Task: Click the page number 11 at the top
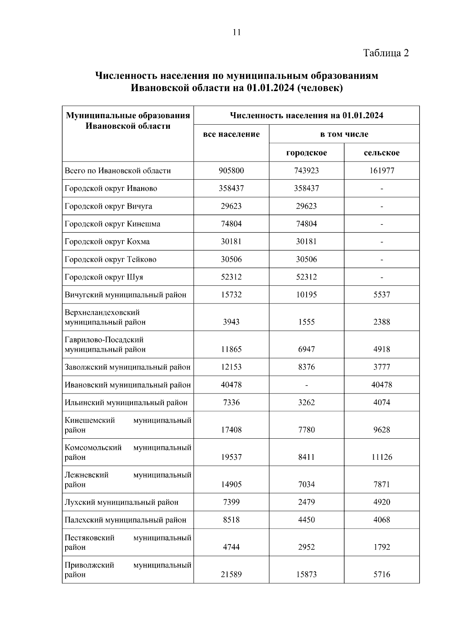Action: pyautogui.click(x=237, y=32)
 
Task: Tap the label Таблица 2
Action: pyautogui.click(x=386, y=53)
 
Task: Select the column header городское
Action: pyautogui.click(x=306, y=153)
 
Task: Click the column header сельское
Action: pyautogui.click(x=382, y=153)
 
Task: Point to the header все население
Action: pyautogui.click(x=231, y=134)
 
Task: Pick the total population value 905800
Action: pyautogui.click(x=231, y=171)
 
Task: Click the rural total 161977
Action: pyautogui.click(x=382, y=171)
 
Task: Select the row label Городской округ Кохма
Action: pyautogui.click(x=107, y=241)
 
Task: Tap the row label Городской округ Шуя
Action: pyautogui.click(x=104, y=277)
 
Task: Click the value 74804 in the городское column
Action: pyautogui.click(x=306, y=224)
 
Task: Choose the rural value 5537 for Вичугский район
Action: pyautogui.click(x=382, y=294)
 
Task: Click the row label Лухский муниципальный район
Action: pyautogui.click(x=121, y=502)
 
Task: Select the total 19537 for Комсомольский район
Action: pyautogui.click(x=231, y=457)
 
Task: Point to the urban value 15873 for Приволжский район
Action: pyautogui.click(x=306, y=575)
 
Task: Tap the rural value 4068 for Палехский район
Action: pyautogui.click(x=382, y=520)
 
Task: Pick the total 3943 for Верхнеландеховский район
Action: pyautogui.click(x=231, y=322)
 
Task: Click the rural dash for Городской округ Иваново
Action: pyautogui.click(x=382, y=189)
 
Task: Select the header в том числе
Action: pyautogui.click(x=344, y=134)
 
